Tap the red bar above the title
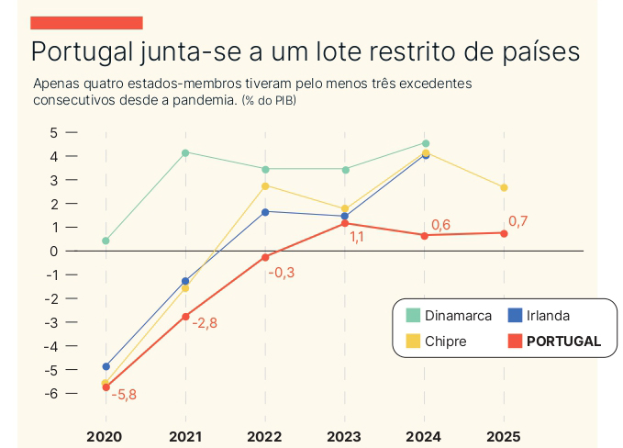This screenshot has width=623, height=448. click(86, 22)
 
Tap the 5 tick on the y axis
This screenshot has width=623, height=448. click(53, 132)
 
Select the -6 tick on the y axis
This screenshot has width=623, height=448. click(51, 393)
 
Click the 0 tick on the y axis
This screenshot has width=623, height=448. click(53, 251)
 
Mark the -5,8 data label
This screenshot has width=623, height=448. click(124, 395)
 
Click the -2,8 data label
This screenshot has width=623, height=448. click(204, 322)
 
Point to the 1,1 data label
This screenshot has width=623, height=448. click(357, 238)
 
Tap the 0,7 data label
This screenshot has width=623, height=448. click(517, 221)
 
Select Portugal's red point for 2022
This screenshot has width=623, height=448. click(265, 257)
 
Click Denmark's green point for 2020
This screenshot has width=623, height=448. click(106, 241)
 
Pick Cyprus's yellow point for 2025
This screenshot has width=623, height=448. click(504, 187)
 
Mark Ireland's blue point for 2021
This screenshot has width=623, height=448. click(185, 281)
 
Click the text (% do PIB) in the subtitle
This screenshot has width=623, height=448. click(275, 100)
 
